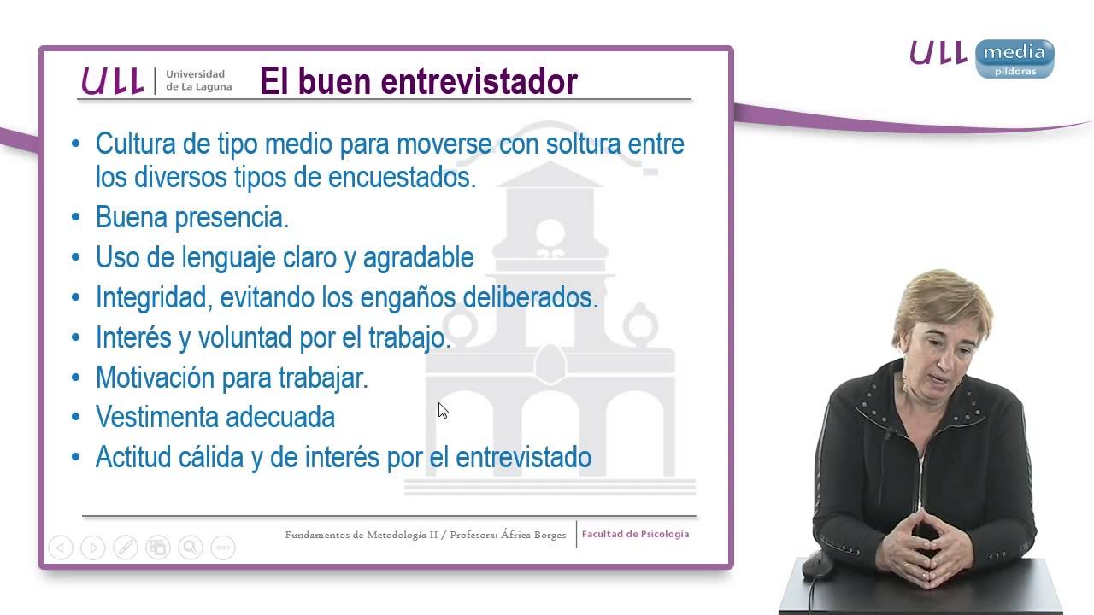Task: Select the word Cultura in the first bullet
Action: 132,143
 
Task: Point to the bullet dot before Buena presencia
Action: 76,218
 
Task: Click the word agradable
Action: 418,257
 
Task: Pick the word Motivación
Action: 154,378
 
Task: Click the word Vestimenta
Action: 154,418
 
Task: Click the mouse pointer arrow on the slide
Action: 443,411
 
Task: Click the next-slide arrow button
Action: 92,548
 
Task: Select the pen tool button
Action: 125,548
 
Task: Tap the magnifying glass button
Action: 190,548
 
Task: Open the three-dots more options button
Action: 222,548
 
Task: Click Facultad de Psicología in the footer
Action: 635,535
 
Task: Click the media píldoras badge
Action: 1014,58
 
